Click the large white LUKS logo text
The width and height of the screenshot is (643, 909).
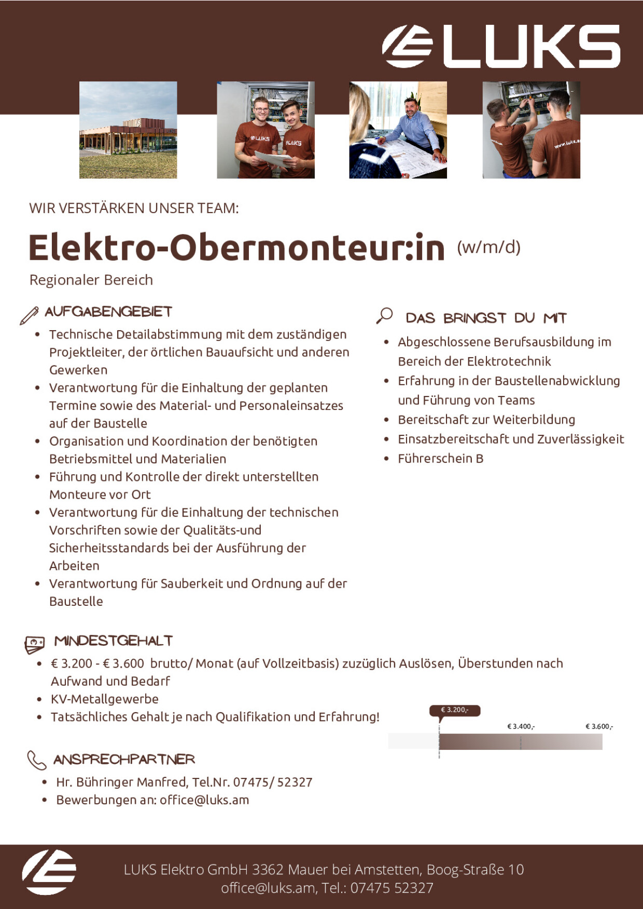click(x=532, y=47)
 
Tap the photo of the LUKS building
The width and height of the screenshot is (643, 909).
click(x=128, y=130)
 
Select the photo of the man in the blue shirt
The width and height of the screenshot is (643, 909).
click(x=398, y=130)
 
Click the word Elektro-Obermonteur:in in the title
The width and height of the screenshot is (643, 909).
click(x=236, y=248)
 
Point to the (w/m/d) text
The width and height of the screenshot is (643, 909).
click(x=488, y=247)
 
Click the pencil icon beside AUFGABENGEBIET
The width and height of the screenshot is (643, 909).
click(x=29, y=315)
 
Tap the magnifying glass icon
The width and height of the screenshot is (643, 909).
click(x=384, y=316)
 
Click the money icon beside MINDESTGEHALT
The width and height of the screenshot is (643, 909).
click(x=35, y=644)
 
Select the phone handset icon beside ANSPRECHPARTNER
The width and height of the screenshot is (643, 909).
click(x=36, y=760)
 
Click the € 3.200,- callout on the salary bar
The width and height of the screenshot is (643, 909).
click(x=455, y=710)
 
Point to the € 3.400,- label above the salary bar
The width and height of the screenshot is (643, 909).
click(x=521, y=726)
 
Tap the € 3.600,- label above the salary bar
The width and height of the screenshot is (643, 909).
click(x=599, y=726)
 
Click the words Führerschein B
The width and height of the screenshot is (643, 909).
click(x=440, y=459)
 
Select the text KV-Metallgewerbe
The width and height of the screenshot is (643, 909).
click(x=104, y=699)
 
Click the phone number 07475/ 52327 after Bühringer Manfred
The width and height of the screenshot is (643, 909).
click(x=273, y=782)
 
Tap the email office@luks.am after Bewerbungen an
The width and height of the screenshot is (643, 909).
click(x=204, y=800)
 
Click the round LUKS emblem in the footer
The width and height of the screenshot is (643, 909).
click(x=49, y=872)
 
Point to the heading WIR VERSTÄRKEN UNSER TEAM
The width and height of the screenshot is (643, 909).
click(x=134, y=208)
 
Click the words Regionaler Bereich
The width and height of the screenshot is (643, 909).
click(x=91, y=280)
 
